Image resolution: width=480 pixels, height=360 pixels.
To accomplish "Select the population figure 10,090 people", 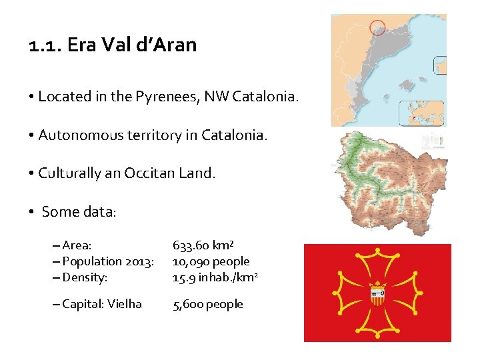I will pyautogui.click(x=211, y=261).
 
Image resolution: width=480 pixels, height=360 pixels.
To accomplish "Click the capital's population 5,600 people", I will pyautogui.click(x=207, y=304).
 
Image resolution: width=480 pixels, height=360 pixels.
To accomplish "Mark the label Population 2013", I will pyautogui.click(x=107, y=261).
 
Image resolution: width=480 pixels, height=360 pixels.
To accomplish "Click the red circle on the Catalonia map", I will pyautogui.click(x=378, y=27).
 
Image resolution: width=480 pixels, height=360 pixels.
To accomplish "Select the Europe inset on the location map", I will pyautogui.click(x=422, y=113).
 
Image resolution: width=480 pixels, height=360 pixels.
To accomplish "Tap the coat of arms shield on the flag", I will pyautogui.click(x=377, y=293).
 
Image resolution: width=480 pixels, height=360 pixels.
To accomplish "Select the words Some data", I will pyautogui.click(x=79, y=212).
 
